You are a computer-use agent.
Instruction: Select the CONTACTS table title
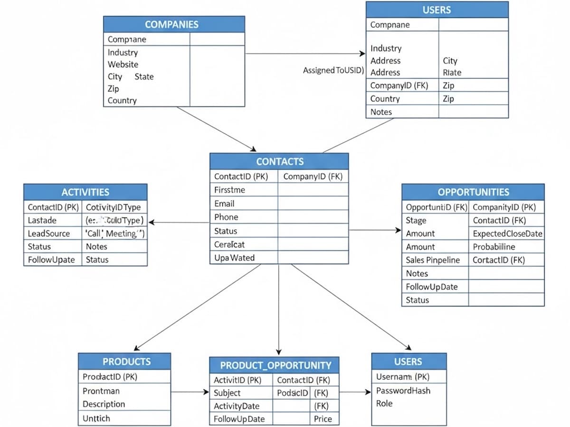pos(279,161)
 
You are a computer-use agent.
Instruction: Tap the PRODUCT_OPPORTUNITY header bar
pos(275,365)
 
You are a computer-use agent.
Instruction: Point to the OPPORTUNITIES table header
pos(473,192)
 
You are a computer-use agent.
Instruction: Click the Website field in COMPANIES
pos(123,65)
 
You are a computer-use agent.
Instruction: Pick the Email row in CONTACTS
pos(224,204)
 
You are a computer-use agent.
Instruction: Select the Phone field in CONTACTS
pos(226,217)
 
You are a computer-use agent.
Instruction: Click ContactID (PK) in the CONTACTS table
pos(241,176)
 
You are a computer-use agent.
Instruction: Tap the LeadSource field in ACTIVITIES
pos(48,233)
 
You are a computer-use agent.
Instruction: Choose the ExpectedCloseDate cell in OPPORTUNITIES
pos(507,233)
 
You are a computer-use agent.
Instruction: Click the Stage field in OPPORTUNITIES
pos(416,220)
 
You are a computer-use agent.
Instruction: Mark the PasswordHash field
pos(403,390)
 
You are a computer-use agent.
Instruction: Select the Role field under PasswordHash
pos(384,403)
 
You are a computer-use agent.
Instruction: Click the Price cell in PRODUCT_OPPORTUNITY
pos(323,419)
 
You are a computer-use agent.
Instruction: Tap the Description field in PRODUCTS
pos(104,404)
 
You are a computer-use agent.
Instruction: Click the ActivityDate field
pos(237,406)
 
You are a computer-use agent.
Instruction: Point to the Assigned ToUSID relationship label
pos(333,71)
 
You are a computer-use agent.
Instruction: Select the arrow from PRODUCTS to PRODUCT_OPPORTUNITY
pos(190,392)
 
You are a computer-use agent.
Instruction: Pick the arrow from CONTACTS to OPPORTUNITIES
pos(375,230)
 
